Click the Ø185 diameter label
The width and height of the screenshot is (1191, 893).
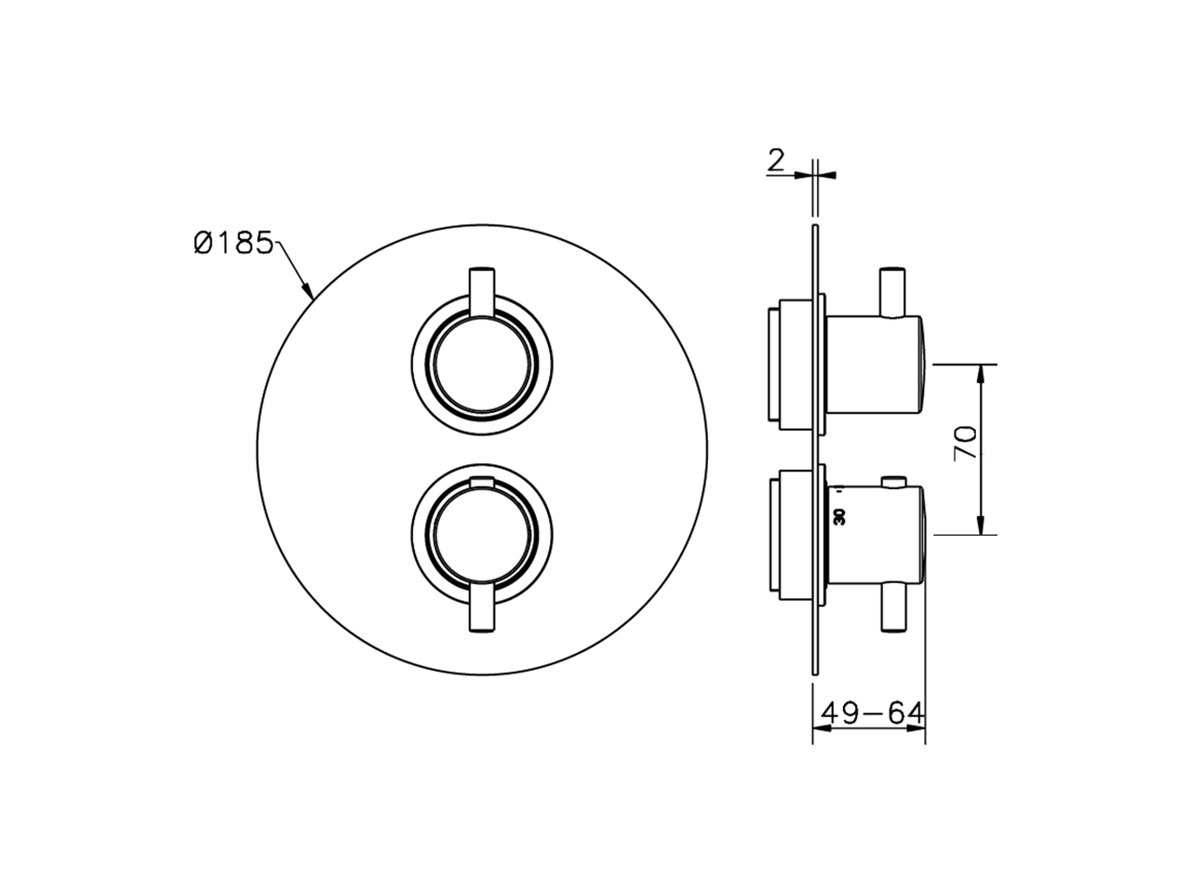click(233, 244)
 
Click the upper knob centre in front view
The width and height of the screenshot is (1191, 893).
click(482, 366)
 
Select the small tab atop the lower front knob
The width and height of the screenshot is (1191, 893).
click(482, 480)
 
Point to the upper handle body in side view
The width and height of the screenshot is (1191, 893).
click(875, 366)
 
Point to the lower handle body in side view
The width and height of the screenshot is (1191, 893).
click(875, 532)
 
